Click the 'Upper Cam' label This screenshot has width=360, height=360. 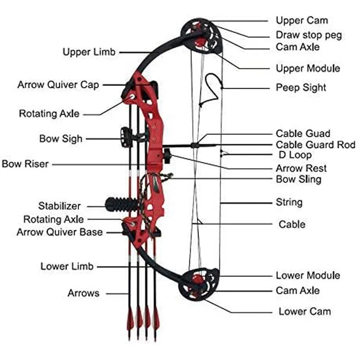301,20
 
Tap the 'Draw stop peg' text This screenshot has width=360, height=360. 309,35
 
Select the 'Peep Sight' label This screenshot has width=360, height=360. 301,87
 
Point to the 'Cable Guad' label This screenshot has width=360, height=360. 303,134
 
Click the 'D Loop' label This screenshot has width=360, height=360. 295,155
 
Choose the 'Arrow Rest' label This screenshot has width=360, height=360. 301,168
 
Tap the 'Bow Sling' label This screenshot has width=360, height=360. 298,179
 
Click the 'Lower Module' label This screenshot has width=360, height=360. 308,275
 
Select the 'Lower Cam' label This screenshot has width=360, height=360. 305,311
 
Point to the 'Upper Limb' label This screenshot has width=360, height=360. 89,52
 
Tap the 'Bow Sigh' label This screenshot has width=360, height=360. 61,138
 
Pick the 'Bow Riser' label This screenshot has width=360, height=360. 25,164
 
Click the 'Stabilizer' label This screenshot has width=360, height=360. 59,206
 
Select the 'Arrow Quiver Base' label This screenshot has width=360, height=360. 59,232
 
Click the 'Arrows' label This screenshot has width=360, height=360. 83,293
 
